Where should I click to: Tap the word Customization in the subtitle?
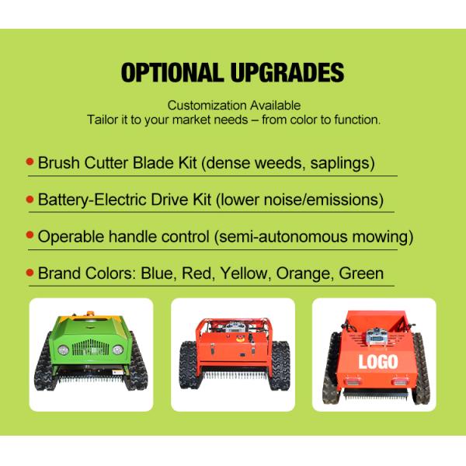pyautogui.click(x=204, y=105)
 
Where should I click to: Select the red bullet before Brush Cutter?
pyautogui.click(x=30, y=162)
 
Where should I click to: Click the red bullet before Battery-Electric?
pyautogui.click(x=30, y=198)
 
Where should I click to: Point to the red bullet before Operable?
pyautogui.click(x=30, y=235)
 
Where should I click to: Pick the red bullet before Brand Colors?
pyautogui.click(x=30, y=273)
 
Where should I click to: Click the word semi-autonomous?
pyautogui.click(x=283, y=236)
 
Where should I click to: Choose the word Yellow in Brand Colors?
pyautogui.click(x=243, y=273)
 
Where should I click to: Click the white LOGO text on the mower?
pyautogui.click(x=378, y=361)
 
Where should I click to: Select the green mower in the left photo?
pyautogui.click(x=91, y=353)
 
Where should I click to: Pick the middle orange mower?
pyautogui.click(x=233, y=353)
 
